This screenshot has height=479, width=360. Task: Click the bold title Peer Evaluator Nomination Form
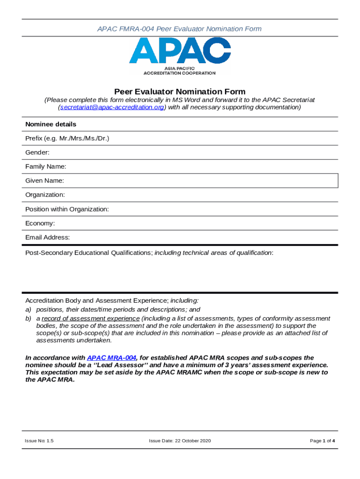click(x=180, y=92)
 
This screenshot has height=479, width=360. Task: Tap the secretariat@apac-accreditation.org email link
click(x=111, y=107)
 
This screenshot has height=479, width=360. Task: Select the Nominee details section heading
click(x=50, y=124)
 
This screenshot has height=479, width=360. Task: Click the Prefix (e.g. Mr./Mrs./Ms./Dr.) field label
click(x=67, y=138)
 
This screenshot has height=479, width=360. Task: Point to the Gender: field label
click(x=37, y=152)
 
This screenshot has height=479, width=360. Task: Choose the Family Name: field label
click(x=46, y=167)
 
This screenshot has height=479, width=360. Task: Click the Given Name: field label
click(x=45, y=181)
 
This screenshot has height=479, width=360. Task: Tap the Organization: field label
click(x=45, y=195)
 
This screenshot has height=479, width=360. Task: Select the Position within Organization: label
click(x=67, y=209)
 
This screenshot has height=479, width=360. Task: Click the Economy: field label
click(x=40, y=223)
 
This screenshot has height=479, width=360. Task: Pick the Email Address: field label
click(x=48, y=237)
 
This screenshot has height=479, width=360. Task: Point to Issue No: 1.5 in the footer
click(x=39, y=441)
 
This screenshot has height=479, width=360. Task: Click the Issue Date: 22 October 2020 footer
click(x=180, y=441)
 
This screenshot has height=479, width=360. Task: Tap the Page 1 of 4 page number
click(x=322, y=441)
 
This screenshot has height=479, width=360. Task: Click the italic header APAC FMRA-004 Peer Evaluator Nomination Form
click(x=180, y=29)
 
